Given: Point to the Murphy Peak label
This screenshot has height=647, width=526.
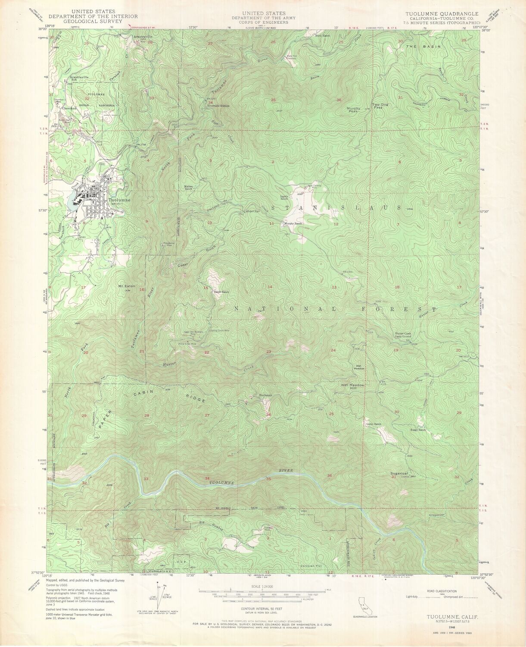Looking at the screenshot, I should point(354,110).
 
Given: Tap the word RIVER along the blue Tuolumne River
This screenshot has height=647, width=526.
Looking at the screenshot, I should point(286,470).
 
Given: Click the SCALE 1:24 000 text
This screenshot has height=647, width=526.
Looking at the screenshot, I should point(263,587).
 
